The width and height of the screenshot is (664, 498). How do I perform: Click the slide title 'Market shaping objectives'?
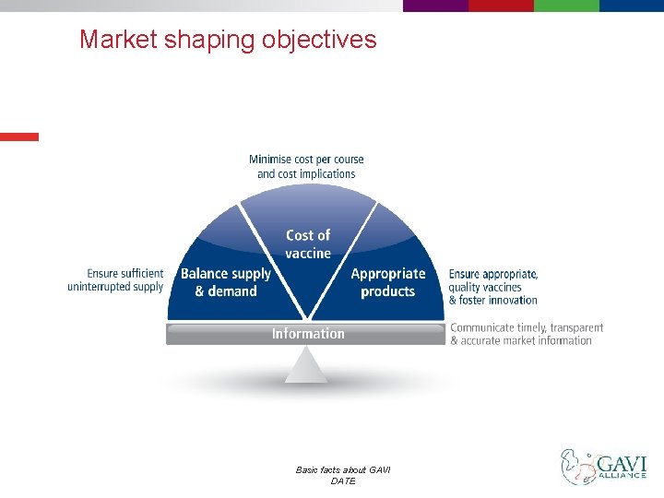click(x=228, y=40)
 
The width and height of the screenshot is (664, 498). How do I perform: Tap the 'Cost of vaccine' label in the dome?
click(x=307, y=244)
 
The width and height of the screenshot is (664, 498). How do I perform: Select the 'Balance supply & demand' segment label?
click(x=226, y=282)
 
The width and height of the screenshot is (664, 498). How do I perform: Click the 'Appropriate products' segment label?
click(x=388, y=282)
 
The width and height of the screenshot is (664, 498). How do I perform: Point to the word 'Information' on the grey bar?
click(x=308, y=334)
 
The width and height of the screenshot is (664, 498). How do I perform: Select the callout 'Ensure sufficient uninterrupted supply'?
click(x=115, y=280)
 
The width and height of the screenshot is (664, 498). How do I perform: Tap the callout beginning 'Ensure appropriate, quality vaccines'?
click(x=493, y=287)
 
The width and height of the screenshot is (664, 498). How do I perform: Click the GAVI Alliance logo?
click(x=604, y=467)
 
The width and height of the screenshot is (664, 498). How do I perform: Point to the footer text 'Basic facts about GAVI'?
click(x=342, y=470)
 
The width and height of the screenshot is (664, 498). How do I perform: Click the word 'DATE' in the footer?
click(x=342, y=481)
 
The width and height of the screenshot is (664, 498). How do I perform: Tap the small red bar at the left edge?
click(x=19, y=136)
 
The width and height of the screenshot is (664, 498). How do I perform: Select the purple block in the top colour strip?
click(x=435, y=6)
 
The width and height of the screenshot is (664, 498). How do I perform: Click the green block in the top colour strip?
click(x=566, y=6)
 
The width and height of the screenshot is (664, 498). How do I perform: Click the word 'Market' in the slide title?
click(x=118, y=40)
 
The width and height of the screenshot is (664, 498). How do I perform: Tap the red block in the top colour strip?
click(x=501, y=6)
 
